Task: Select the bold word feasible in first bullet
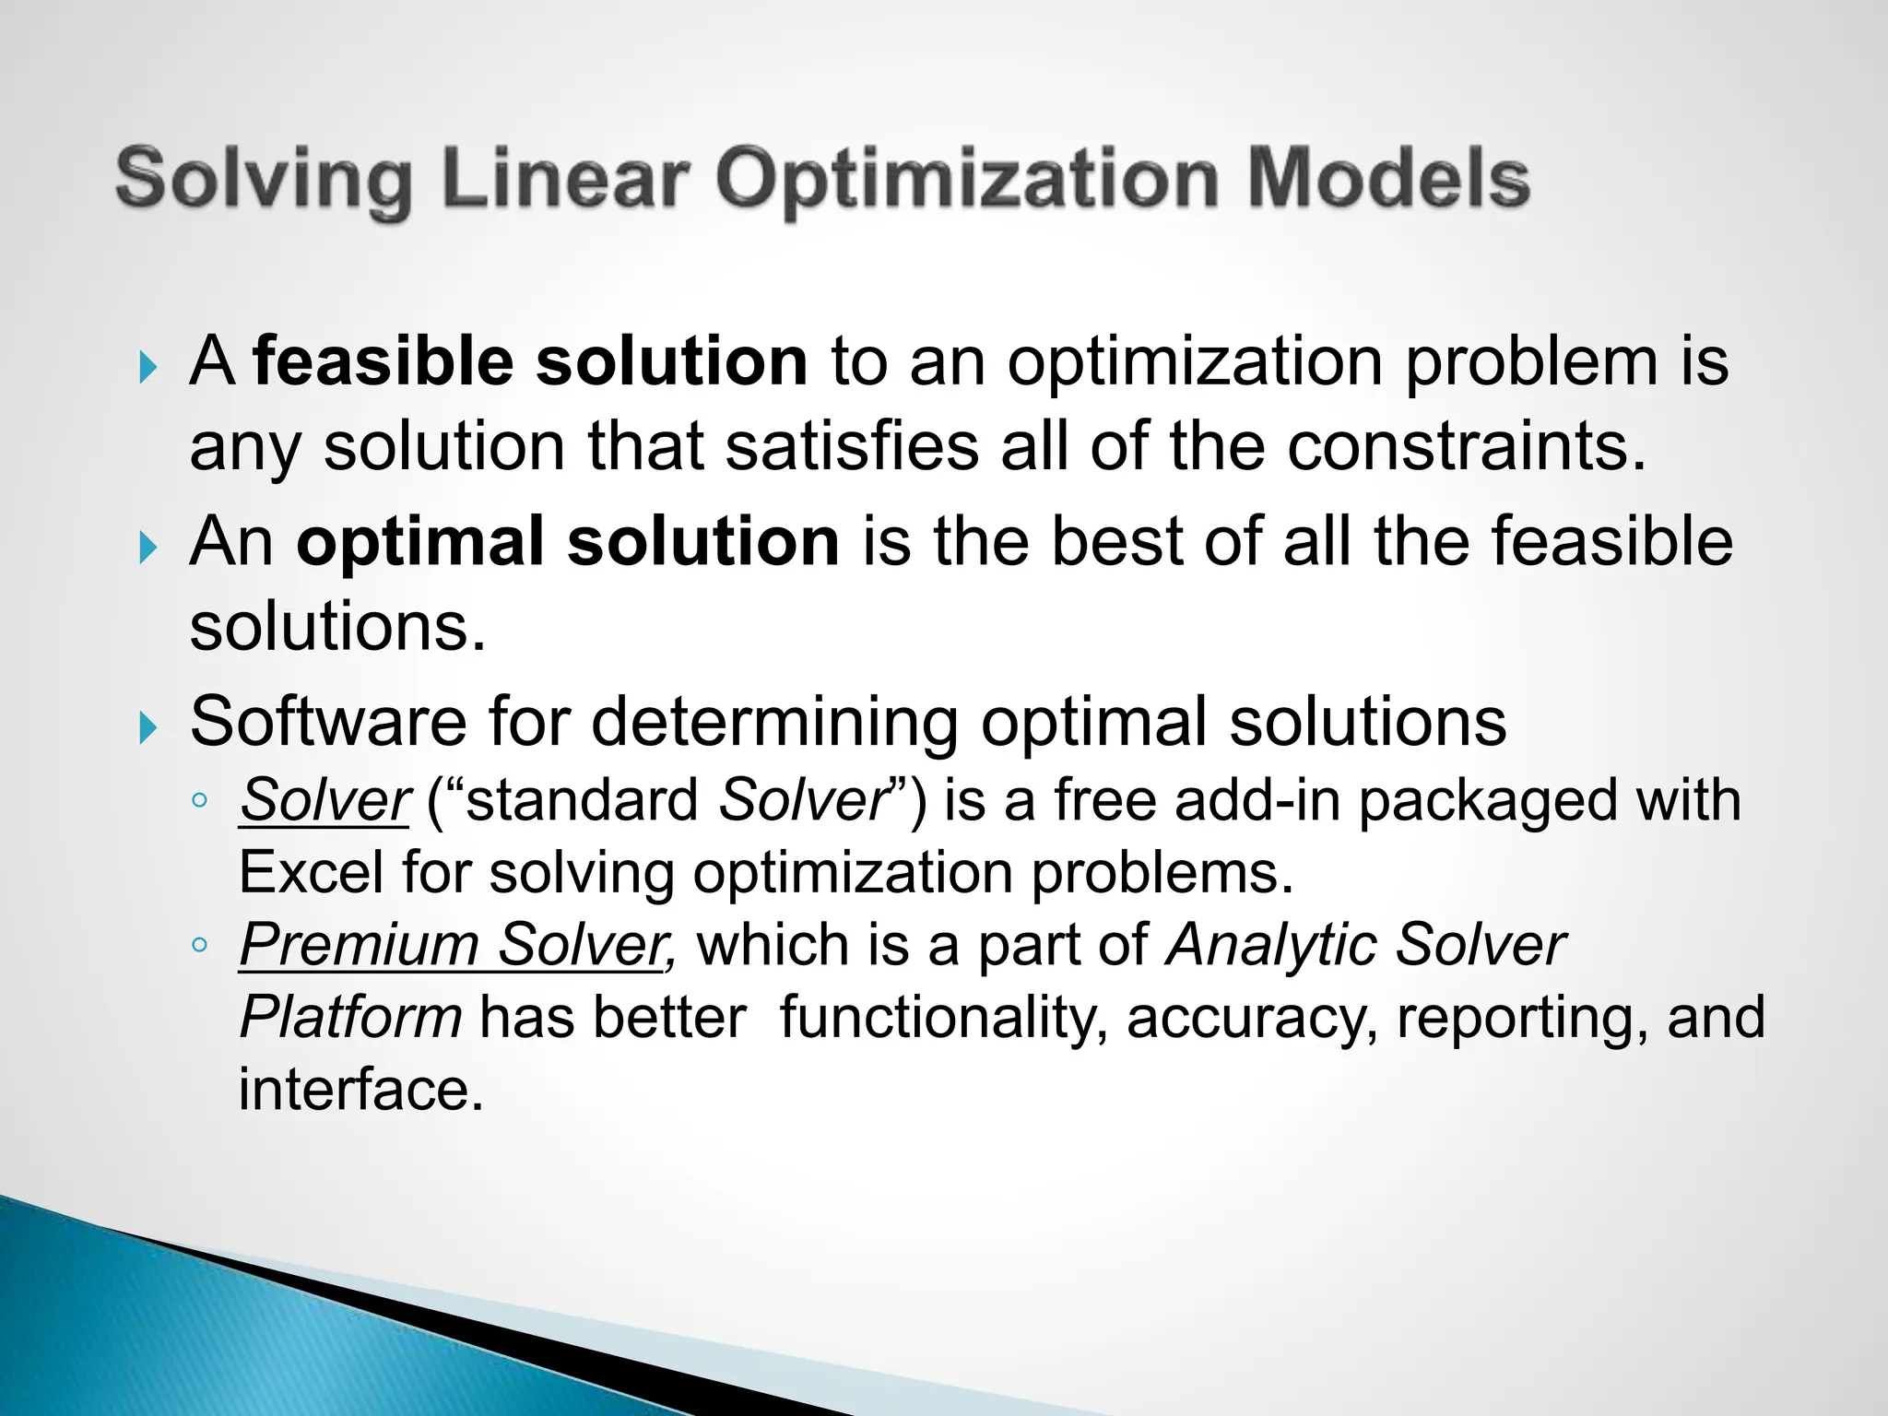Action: [383, 361]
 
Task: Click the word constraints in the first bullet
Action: [1465, 447]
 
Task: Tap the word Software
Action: [328, 722]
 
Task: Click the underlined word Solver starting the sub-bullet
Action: [324, 800]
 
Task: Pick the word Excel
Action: [311, 872]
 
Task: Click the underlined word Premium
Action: [359, 946]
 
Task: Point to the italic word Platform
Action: [350, 1018]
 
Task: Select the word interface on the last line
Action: [360, 1090]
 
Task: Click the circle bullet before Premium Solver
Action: [199, 945]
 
